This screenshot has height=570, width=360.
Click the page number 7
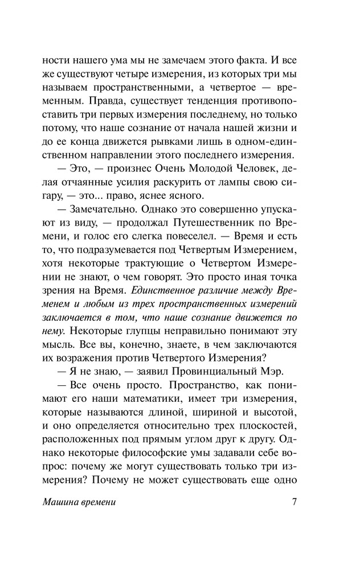tap(294, 503)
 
